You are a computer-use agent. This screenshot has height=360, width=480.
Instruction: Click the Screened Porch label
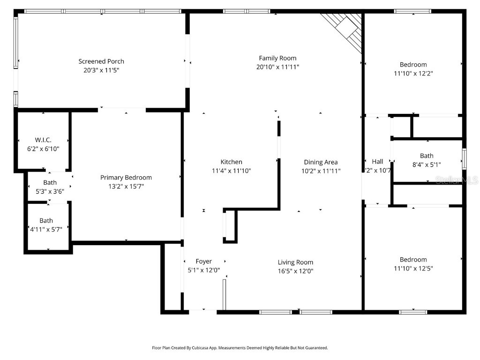tap(101, 61)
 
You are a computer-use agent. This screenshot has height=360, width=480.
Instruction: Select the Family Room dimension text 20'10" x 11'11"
tap(277, 67)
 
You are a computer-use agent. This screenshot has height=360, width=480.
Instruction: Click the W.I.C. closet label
tap(43, 140)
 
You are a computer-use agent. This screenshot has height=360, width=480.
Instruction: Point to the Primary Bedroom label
tap(126, 178)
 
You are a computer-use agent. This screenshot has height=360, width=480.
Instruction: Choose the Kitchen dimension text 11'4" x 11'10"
tap(232, 171)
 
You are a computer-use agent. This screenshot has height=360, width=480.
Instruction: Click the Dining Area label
tap(321, 162)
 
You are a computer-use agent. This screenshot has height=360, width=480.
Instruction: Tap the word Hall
tap(377, 162)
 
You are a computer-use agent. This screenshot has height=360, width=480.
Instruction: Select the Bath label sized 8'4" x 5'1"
tap(427, 156)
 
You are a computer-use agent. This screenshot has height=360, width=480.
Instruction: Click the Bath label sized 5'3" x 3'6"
tap(50, 182)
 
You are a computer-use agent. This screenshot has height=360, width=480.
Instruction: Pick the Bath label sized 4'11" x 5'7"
tap(46, 220)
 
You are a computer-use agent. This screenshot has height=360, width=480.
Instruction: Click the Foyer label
tap(203, 261)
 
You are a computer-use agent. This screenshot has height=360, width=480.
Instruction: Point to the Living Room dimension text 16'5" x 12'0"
tap(295, 271)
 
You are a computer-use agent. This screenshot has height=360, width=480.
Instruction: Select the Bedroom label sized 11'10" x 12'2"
tap(413, 65)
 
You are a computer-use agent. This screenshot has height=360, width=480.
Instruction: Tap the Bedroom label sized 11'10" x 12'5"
tap(413, 260)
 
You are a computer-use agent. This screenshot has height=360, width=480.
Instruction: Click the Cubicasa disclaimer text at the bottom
tap(240, 348)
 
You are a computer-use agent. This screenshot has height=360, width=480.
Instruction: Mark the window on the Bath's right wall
tap(464, 158)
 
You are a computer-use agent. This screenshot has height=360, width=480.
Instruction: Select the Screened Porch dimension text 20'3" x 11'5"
tap(101, 70)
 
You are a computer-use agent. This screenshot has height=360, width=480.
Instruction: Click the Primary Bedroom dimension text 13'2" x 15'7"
tap(126, 187)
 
